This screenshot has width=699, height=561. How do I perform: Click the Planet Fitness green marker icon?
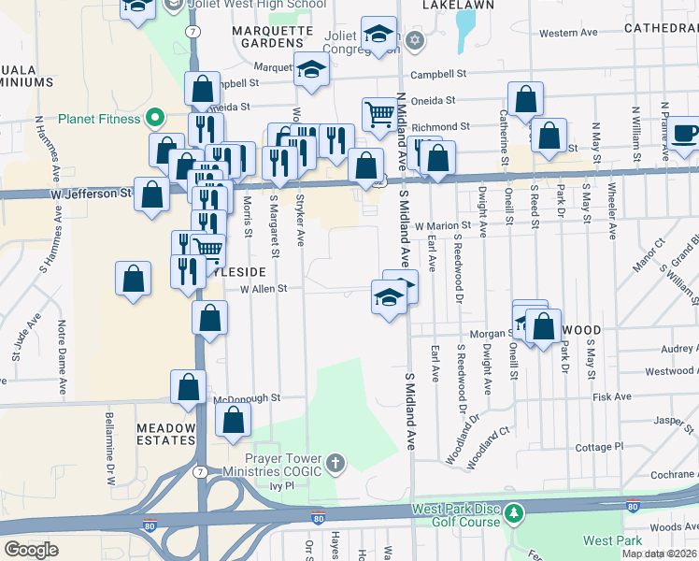pos(157,119)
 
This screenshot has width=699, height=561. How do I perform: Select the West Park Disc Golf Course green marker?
pos(514,514)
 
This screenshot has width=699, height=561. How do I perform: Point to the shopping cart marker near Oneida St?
pos(379,114)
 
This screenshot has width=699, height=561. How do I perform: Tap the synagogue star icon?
pos(415,39)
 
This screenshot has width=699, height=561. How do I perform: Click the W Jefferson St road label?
pos(92,193)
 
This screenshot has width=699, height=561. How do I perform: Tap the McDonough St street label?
pos(247,397)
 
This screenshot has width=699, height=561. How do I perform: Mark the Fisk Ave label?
pos(612,396)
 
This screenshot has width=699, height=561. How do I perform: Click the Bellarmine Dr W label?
pos(110,453)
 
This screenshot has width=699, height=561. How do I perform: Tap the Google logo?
pos(31,550)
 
